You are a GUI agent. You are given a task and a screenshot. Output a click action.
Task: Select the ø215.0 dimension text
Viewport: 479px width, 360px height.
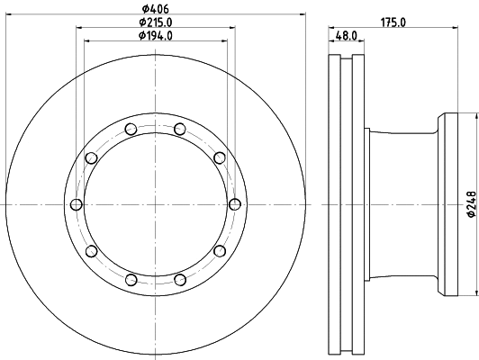tap(156, 22)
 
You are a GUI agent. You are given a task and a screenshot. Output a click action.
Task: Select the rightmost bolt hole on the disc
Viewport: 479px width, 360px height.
tap(235, 203)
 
